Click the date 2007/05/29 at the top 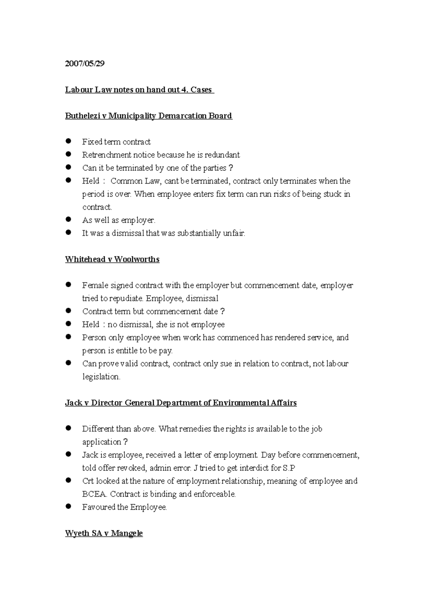pyautogui.click(x=84, y=64)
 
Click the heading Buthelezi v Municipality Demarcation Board pyautogui.click(x=148, y=116)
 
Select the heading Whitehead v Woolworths pyautogui.click(x=112, y=259)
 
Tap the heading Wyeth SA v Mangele pyautogui.click(x=104, y=533)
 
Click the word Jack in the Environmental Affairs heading pyautogui.click(x=74, y=403)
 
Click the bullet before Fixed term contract pyautogui.click(x=69, y=141)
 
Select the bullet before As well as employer pyautogui.click(x=69, y=219)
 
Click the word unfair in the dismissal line pyautogui.click(x=234, y=233)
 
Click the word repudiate pyautogui.click(x=126, y=299)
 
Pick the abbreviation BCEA pyautogui.click(x=94, y=494)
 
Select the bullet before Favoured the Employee pyautogui.click(x=69, y=507)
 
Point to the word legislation pyautogui.click(x=101, y=377)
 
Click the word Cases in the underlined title pyautogui.click(x=201, y=90)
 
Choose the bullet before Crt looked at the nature pyautogui.click(x=69, y=480)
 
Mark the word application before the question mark pyautogui.click(x=102, y=442)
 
